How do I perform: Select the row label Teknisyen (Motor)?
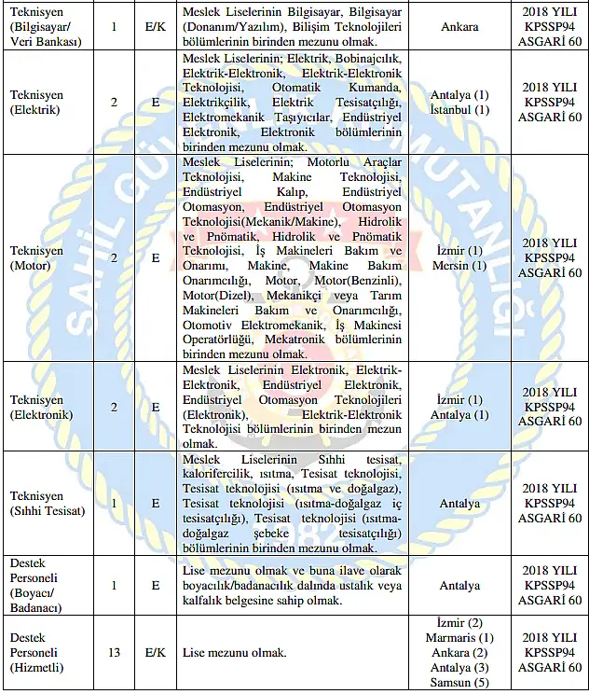click(x=37, y=258)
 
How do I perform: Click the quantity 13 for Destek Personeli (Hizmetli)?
click(x=114, y=653)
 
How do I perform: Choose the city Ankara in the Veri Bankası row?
click(x=459, y=26)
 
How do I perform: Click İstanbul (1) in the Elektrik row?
click(x=459, y=110)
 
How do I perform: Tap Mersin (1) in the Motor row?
click(x=459, y=266)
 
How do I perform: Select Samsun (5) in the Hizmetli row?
click(x=459, y=683)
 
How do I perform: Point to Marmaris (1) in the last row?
click(x=459, y=638)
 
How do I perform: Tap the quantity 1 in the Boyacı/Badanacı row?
click(x=114, y=586)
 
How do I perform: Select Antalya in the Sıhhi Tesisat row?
click(x=459, y=504)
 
